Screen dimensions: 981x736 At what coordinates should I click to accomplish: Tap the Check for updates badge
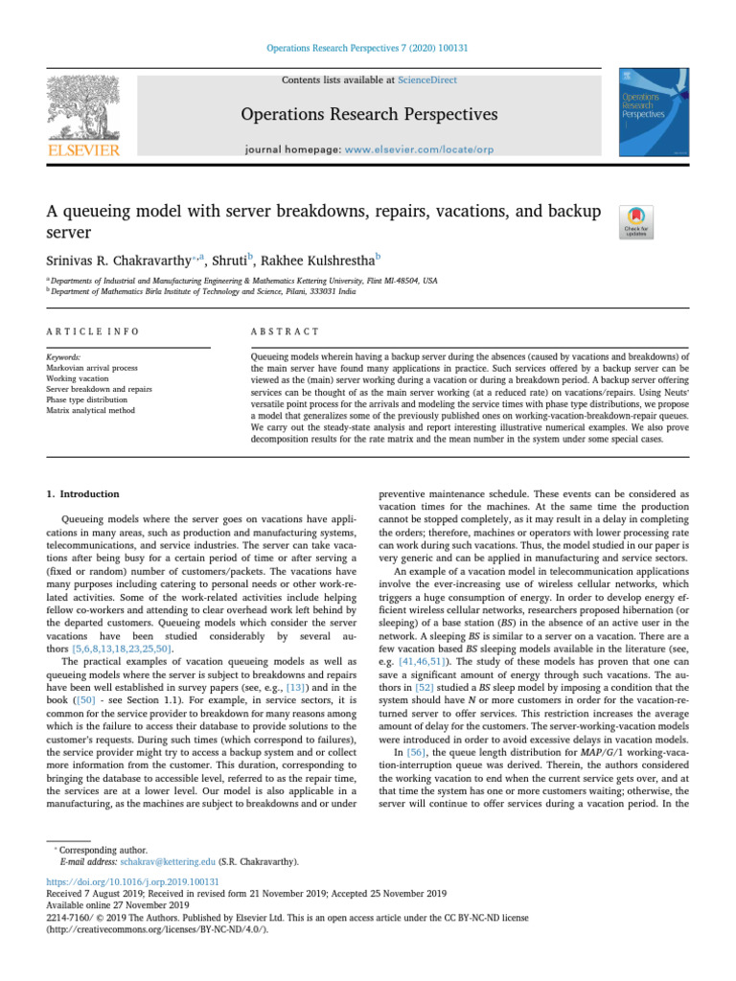coord(637,220)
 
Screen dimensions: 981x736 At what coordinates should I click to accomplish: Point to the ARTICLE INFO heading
coord(93,331)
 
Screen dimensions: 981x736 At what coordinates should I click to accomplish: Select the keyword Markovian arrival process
coord(92,367)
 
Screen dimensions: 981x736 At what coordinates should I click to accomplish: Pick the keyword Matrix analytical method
coord(92,410)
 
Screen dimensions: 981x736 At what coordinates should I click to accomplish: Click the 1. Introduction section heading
coord(83,494)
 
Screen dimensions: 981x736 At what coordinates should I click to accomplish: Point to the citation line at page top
coord(367,48)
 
